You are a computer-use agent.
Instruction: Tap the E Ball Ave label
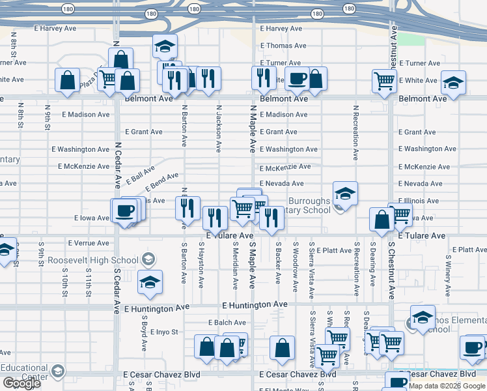(141, 174)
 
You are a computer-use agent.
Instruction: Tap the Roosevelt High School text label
(93, 261)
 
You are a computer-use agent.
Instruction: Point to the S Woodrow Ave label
(296, 268)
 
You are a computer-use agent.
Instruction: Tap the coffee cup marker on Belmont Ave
(298, 79)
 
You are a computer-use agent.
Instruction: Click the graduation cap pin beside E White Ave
(453, 83)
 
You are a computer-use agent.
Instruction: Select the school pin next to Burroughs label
(345, 193)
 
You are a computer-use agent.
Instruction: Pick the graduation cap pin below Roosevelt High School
(150, 282)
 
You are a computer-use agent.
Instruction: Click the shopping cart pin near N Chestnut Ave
(384, 81)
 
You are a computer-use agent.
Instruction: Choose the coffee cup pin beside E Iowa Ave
(124, 210)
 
